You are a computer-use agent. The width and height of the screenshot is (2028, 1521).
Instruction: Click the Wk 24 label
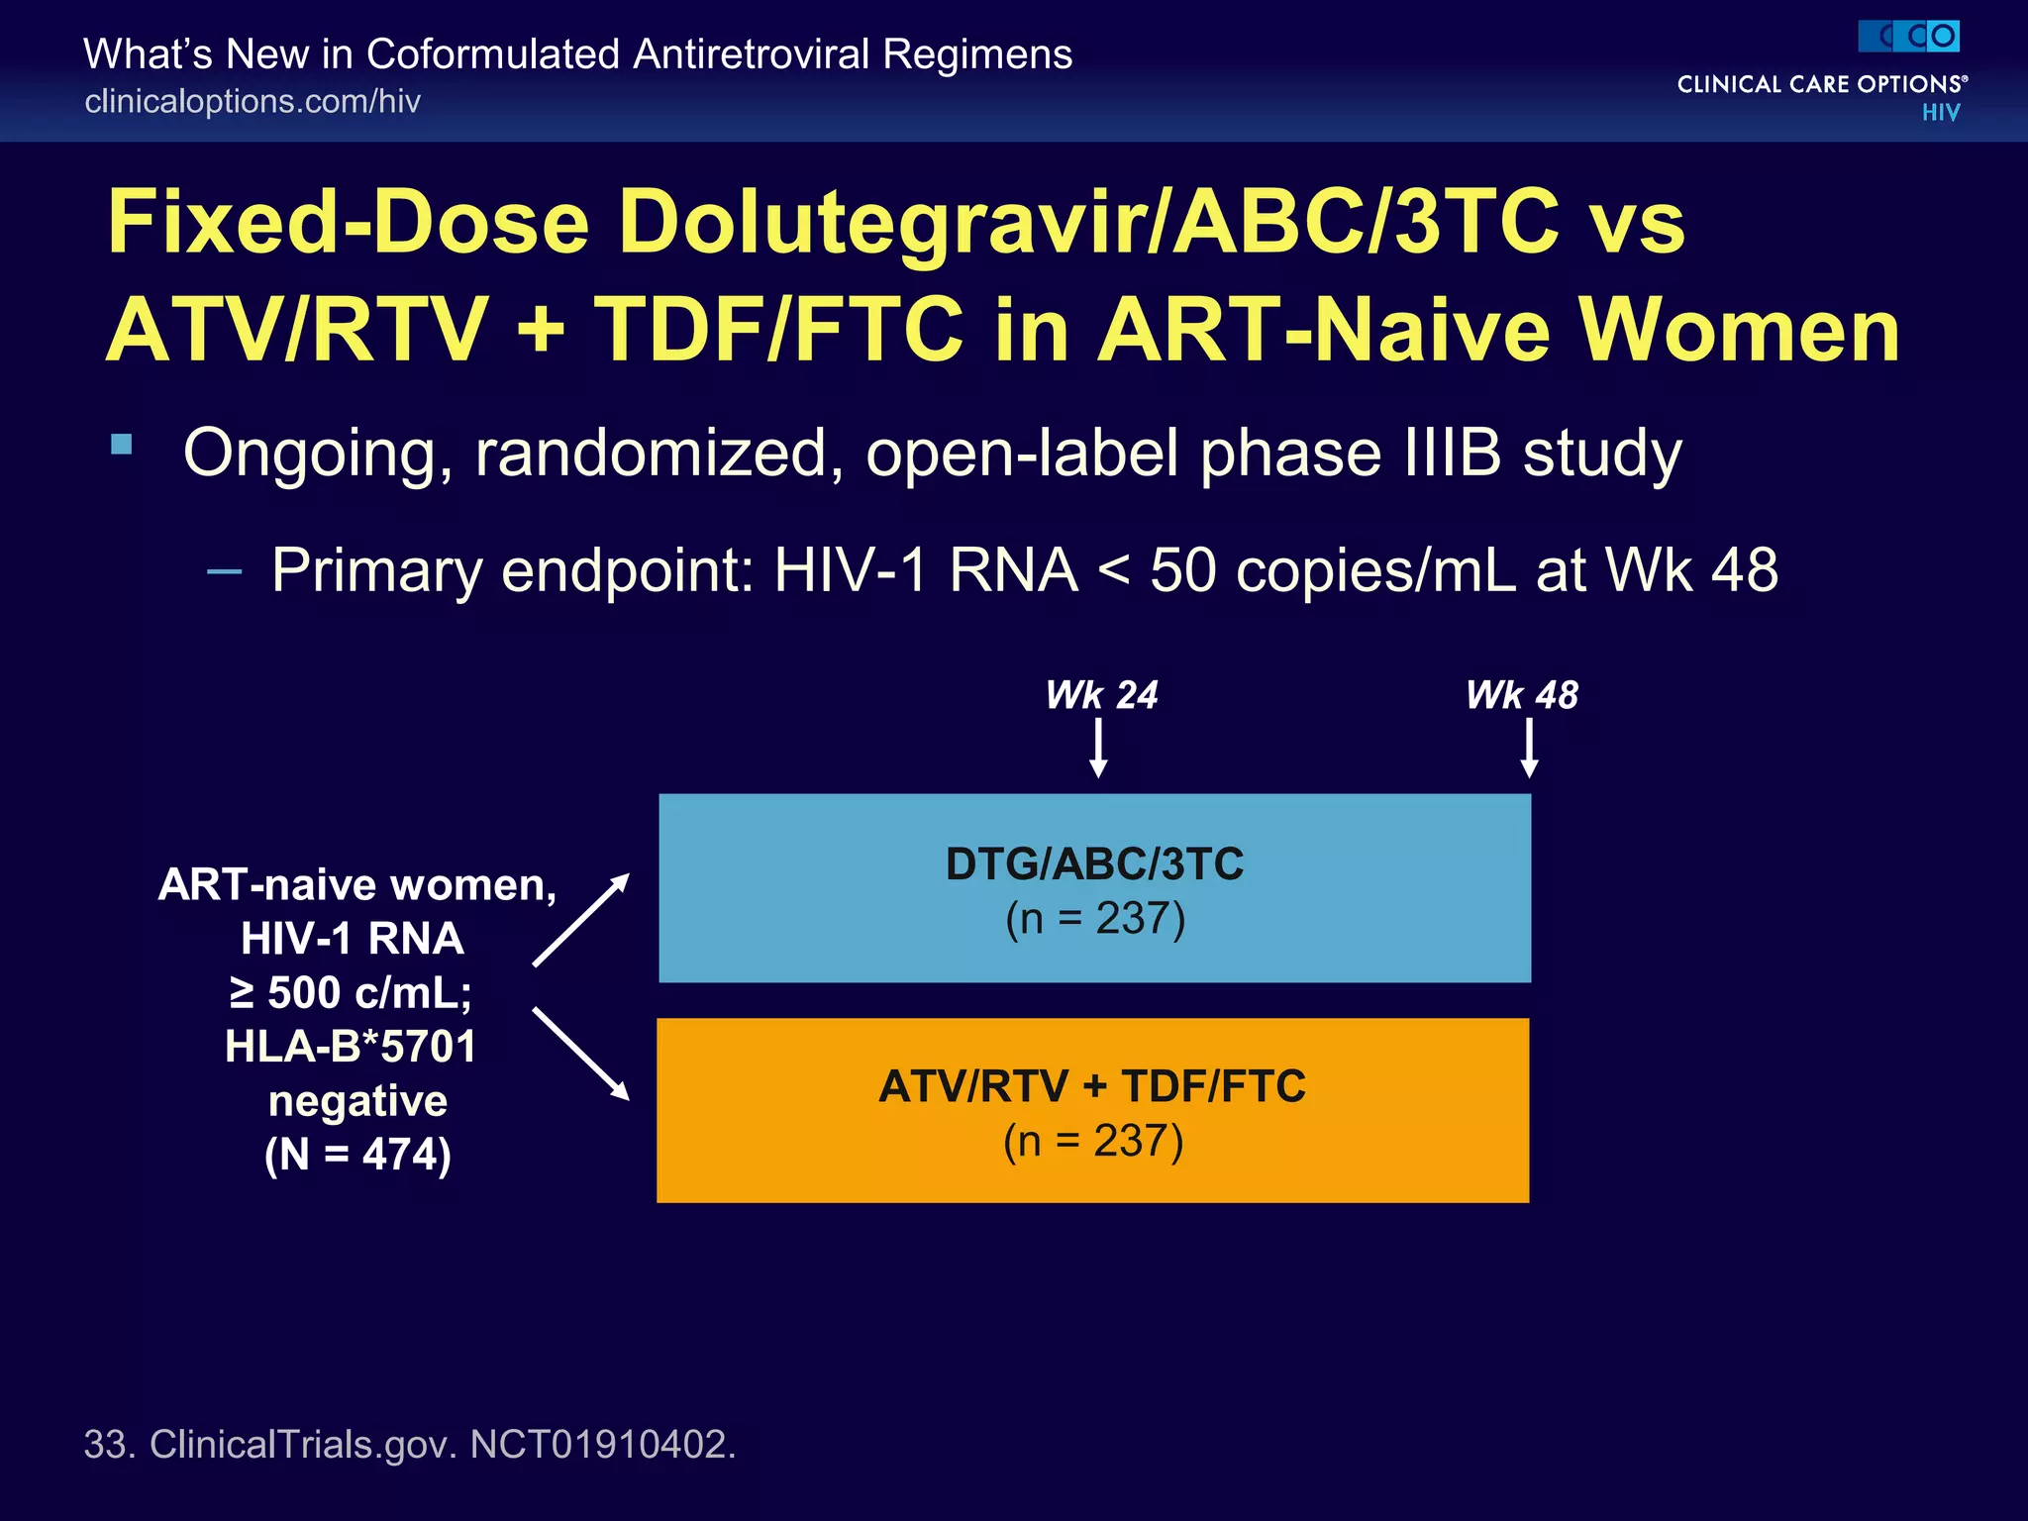pyautogui.click(x=1101, y=695)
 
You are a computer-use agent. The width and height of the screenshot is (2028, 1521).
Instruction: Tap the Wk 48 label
pyautogui.click(x=1522, y=695)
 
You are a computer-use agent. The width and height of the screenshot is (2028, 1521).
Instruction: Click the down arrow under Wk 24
pyautogui.click(x=1098, y=749)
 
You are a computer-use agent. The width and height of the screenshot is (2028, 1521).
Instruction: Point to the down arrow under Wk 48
pyautogui.click(x=1529, y=749)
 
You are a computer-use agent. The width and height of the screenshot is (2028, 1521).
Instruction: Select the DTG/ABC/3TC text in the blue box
pyautogui.click(x=1094, y=863)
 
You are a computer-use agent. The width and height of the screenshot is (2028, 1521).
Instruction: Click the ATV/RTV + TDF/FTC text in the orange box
pyautogui.click(x=1092, y=1086)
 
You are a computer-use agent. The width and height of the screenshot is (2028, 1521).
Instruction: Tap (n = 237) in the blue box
pyautogui.click(x=1095, y=919)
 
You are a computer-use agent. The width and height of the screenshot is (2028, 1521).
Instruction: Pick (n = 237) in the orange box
pyautogui.click(x=1093, y=1141)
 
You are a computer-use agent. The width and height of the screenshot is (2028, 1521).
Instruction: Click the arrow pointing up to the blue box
pyautogui.click(x=581, y=919)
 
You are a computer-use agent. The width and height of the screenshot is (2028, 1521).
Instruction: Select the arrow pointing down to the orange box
pyautogui.click(x=581, y=1054)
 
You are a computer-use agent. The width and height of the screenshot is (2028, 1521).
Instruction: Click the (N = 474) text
pyautogui.click(x=357, y=1155)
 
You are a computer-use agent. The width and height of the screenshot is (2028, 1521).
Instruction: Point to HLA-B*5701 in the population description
pyautogui.click(x=351, y=1047)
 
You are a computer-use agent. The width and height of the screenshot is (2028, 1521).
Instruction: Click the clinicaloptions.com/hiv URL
pyautogui.click(x=253, y=101)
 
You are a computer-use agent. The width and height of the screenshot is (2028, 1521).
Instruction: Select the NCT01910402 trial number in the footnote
pyautogui.click(x=602, y=1444)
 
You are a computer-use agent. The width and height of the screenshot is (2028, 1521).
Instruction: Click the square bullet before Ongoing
pyautogui.click(x=122, y=444)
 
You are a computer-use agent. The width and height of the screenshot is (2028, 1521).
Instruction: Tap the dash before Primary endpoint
pyautogui.click(x=225, y=571)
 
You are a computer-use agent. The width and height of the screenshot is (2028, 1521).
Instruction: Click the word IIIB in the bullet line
pyautogui.click(x=1453, y=454)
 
